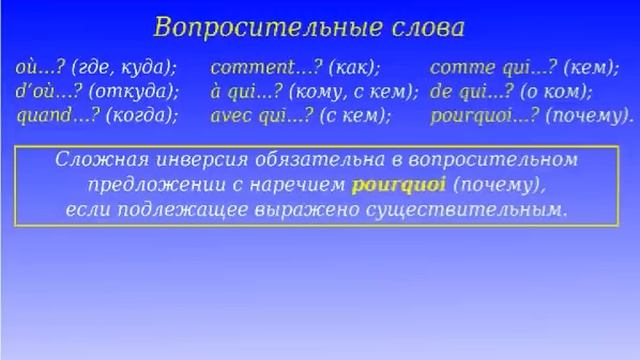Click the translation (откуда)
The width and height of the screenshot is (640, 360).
pos(134,91)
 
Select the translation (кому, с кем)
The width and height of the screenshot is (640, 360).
pos(353,91)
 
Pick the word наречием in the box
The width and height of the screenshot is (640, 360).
pos(301,185)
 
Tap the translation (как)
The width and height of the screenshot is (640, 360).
pos(357,68)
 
